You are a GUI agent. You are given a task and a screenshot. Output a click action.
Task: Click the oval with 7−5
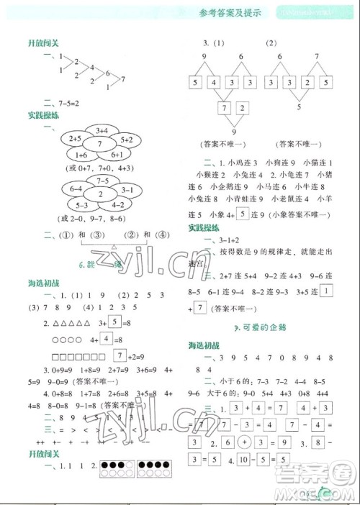[102, 181]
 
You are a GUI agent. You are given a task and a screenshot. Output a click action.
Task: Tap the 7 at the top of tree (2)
[317, 56]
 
